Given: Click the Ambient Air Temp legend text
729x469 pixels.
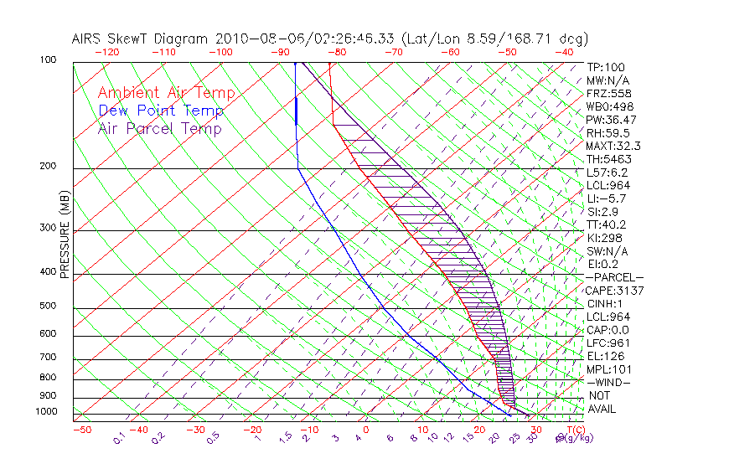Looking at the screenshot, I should [x=166, y=93].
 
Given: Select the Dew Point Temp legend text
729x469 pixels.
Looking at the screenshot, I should [x=161, y=111].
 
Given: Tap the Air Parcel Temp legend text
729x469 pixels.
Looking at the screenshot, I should [x=159, y=128].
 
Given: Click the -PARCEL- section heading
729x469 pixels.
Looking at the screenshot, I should [x=614, y=277].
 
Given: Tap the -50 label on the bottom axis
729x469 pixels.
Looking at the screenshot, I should [x=82, y=430].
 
